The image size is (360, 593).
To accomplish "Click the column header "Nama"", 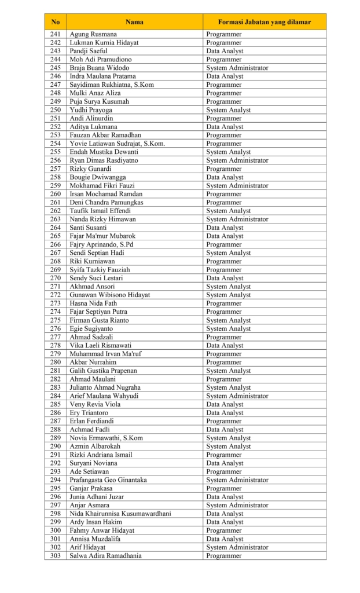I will (134, 22).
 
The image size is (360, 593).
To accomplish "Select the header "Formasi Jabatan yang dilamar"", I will (264, 22).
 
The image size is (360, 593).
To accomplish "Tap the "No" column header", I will (56, 22).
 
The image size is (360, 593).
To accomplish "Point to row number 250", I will (56, 110).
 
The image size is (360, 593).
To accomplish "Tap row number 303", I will (56, 556).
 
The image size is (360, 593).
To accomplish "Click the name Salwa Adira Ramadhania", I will (106, 556).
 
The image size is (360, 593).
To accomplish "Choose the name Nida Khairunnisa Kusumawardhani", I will (120, 514).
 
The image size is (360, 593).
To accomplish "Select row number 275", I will (56, 320).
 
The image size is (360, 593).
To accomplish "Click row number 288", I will (56, 430).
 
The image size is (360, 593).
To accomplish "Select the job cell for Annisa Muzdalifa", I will (225, 539).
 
